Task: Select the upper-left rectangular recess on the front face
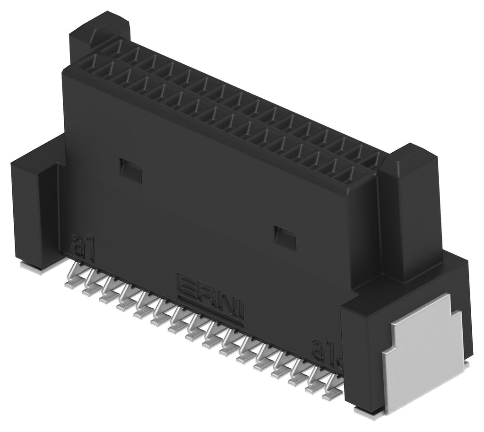point(130,171)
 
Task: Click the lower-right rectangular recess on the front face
point(285,238)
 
